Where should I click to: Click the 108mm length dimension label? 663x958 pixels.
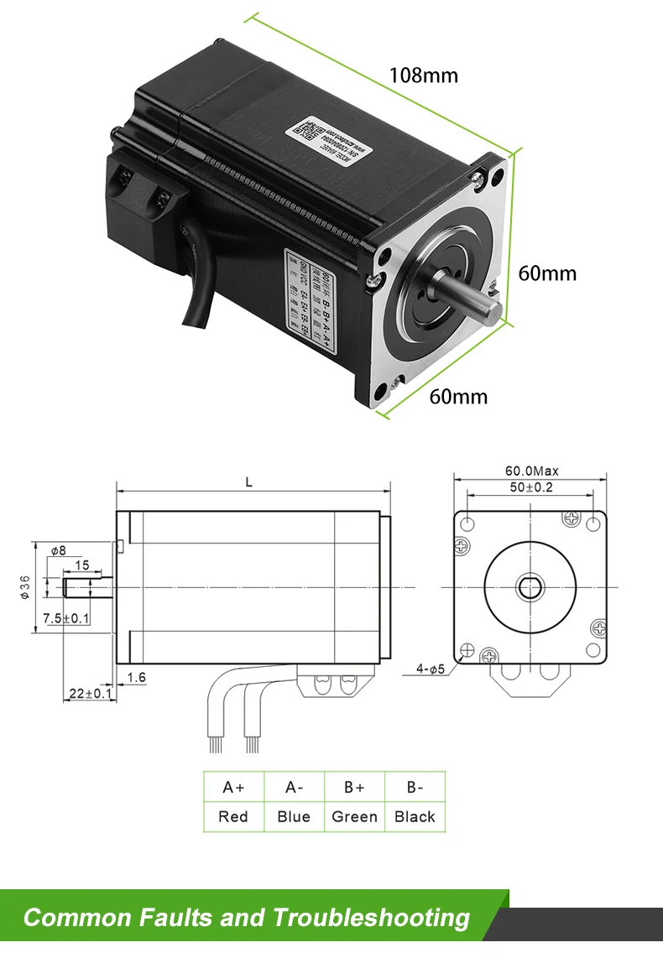(x=423, y=75)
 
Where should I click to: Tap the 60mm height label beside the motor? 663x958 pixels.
(x=547, y=273)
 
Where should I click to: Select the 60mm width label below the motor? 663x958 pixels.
(x=458, y=396)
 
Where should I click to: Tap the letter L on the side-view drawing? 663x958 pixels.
(x=248, y=482)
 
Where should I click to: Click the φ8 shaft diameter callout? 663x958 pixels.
(x=58, y=551)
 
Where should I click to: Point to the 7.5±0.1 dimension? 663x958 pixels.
(x=66, y=618)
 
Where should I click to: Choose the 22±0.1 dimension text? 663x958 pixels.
(x=88, y=693)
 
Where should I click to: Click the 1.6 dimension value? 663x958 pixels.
(x=137, y=677)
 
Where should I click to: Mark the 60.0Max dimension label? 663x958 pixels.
(x=531, y=471)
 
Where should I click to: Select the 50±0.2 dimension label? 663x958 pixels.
(x=529, y=487)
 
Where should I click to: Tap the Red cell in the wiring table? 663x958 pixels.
(x=233, y=816)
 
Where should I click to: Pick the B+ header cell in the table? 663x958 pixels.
(x=354, y=788)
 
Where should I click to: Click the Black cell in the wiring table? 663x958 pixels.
(x=415, y=816)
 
